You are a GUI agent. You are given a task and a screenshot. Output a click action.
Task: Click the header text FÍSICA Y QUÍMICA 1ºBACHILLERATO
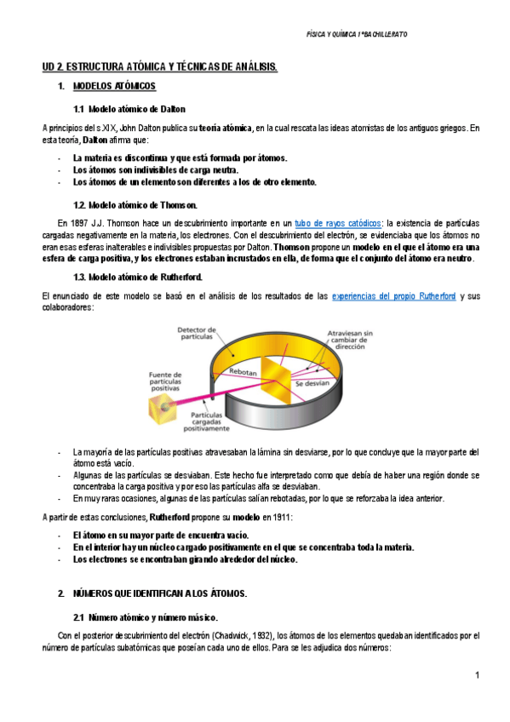click(x=356, y=34)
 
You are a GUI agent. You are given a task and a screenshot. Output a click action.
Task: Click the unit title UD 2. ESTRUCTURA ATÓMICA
click(x=160, y=66)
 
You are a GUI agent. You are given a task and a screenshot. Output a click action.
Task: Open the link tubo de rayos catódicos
click(x=337, y=221)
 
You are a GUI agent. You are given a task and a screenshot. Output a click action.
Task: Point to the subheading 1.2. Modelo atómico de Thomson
click(x=135, y=204)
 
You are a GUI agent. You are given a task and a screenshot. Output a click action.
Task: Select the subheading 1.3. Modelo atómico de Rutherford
click(x=138, y=278)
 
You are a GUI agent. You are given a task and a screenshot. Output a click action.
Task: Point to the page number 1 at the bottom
click(x=478, y=675)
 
